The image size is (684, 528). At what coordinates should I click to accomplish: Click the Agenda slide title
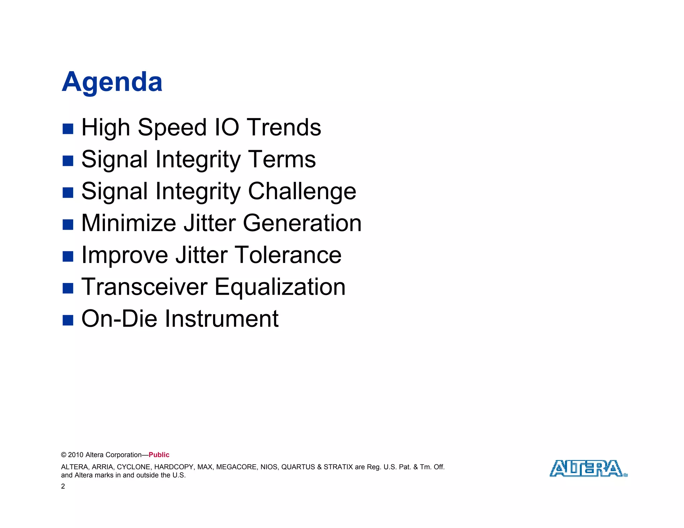click(112, 82)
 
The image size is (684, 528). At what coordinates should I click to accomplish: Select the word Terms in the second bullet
click(282, 159)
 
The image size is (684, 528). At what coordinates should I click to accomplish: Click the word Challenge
click(302, 191)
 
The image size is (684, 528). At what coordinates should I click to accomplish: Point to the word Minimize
click(129, 223)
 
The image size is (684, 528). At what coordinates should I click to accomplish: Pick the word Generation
click(302, 223)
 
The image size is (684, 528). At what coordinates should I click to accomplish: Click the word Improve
click(125, 255)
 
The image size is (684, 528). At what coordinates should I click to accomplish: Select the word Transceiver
click(144, 287)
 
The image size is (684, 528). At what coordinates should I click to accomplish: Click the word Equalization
click(280, 287)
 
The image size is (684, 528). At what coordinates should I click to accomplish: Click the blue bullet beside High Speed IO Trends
click(68, 129)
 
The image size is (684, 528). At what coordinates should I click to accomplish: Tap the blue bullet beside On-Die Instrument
click(68, 320)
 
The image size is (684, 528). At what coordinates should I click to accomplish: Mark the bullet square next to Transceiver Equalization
click(68, 288)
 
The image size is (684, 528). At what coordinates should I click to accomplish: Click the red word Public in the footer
click(159, 455)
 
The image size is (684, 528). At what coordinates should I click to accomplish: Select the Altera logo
click(588, 468)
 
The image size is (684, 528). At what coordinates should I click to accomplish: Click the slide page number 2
click(63, 486)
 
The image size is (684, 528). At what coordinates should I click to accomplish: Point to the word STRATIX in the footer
click(338, 467)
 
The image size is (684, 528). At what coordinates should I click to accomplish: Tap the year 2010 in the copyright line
click(75, 455)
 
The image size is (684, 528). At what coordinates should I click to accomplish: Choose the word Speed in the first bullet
click(172, 128)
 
